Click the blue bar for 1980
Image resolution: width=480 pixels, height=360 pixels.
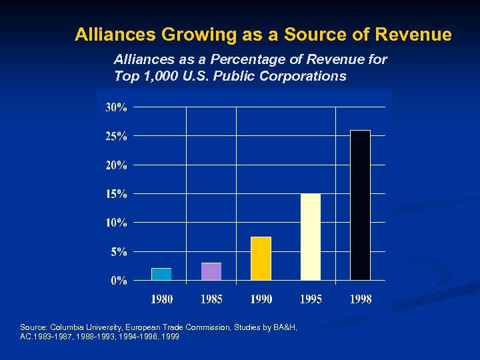click(161, 274)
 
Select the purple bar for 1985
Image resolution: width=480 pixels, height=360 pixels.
click(211, 271)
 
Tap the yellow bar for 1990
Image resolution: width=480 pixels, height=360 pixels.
click(261, 258)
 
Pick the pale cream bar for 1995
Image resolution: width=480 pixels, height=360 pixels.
click(311, 237)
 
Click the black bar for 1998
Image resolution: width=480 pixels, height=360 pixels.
click(360, 205)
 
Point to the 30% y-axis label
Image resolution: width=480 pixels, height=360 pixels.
click(116, 107)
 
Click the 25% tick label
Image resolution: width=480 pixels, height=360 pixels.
click(116, 136)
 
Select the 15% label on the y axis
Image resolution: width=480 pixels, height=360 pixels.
click(116, 194)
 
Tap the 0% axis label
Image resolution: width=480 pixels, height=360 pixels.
click(119, 281)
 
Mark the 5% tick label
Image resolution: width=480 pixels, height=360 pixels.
click(119, 252)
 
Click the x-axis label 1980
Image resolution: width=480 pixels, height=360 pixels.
click(162, 299)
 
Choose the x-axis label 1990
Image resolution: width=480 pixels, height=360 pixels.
click(261, 299)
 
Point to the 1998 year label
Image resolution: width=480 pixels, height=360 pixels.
click(361, 299)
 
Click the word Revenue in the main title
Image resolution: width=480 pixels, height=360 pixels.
click(414, 34)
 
